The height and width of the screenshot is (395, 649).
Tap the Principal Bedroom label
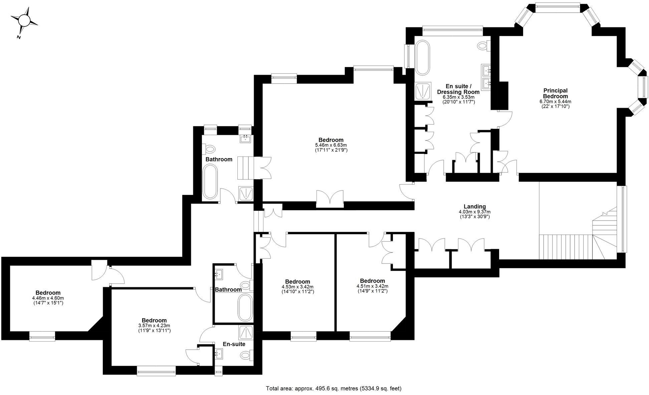(555, 93)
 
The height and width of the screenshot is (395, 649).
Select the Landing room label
(474, 207)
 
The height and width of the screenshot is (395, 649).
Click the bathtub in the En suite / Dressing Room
(423, 58)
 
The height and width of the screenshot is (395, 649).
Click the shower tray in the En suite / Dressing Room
(423, 90)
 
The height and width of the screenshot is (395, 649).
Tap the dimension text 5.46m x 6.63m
(331, 145)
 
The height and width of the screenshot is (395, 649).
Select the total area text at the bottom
(334, 388)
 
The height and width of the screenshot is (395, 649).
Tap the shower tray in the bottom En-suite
(246, 332)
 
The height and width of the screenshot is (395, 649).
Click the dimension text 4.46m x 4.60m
(48, 298)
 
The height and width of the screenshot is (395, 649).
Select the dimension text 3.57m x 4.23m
(154, 326)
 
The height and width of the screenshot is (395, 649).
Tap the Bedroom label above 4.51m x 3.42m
(372, 281)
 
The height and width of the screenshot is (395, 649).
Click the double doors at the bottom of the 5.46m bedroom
(330, 199)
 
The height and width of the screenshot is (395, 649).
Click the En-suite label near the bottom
(234, 344)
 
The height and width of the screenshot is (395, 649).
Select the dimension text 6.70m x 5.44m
(555, 101)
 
